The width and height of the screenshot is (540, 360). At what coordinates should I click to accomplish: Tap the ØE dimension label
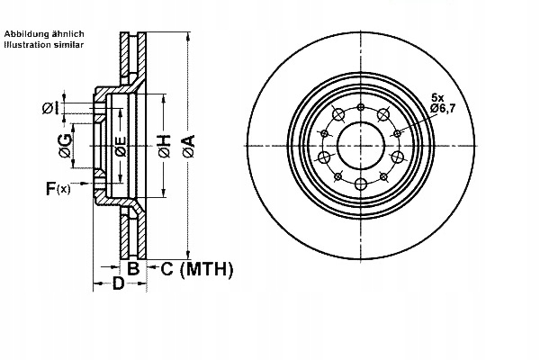click(x=120, y=146)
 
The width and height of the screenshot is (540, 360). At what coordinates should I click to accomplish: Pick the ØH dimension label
click(x=164, y=146)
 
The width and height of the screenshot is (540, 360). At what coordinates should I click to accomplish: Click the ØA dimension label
click(x=188, y=146)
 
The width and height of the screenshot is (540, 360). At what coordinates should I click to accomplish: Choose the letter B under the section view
click(x=132, y=268)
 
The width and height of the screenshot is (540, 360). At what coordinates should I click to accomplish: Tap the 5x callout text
click(x=438, y=96)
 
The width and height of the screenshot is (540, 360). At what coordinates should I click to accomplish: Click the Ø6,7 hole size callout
click(x=445, y=108)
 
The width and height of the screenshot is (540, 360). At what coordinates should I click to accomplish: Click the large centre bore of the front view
click(x=360, y=145)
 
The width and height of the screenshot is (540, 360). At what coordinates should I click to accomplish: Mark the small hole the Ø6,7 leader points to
click(x=397, y=133)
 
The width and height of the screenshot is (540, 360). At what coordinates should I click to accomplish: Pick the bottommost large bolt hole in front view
click(x=360, y=184)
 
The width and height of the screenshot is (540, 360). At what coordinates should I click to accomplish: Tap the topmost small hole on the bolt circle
click(x=360, y=107)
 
